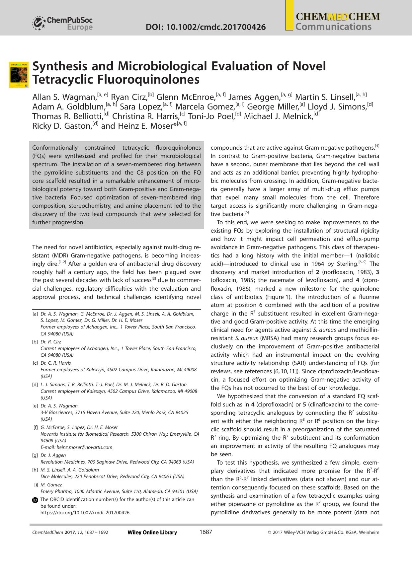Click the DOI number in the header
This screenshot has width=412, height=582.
206,27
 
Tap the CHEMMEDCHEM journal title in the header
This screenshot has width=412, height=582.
338,17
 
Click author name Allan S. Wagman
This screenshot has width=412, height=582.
64,97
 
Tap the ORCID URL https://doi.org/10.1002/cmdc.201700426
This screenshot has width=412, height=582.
85,512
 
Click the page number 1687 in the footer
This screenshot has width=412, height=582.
206,532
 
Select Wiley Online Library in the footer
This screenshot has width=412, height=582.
152,532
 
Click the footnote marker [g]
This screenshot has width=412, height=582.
35,455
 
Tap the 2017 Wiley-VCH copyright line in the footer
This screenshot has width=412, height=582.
323,532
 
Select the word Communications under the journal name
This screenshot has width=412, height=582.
333,27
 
